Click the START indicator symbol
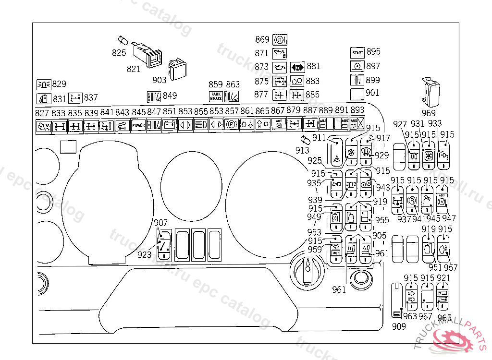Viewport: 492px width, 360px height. (357, 52)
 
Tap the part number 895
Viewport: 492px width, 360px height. (373, 52)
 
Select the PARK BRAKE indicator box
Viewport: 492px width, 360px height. (216, 96)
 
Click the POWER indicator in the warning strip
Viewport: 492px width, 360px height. (138, 125)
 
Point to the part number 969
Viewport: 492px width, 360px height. (428, 113)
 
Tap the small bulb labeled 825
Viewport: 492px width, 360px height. (122, 40)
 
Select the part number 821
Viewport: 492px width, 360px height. (134, 69)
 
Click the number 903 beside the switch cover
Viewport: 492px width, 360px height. (160, 80)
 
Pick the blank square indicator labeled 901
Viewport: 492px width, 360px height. (357, 93)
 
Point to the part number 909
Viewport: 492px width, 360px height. (398, 326)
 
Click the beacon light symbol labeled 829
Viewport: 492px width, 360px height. (44, 84)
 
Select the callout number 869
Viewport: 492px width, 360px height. (262, 39)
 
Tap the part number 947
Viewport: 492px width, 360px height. (449, 219)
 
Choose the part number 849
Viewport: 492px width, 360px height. (170, 96)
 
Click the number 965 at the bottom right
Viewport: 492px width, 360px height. (444, 317)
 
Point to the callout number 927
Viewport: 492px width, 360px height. (400, 124)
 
